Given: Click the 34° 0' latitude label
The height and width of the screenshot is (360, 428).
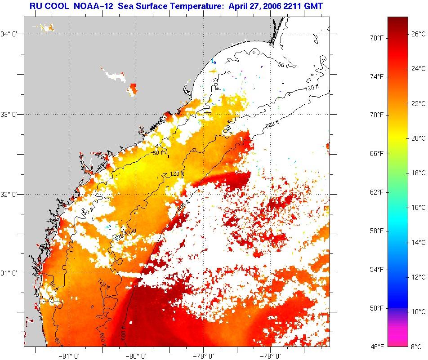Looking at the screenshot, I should tap(9, 34).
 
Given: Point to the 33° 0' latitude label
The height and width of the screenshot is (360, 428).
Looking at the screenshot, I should tap(9, 114).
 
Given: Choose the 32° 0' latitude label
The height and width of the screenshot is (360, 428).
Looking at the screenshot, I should tap(9, 194).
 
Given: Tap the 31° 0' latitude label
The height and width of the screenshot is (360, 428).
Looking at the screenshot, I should tap(9, 273).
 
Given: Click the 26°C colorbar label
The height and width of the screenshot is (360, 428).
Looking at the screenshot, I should tap(419, 34).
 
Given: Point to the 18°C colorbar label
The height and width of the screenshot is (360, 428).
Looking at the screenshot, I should tap(419, 173).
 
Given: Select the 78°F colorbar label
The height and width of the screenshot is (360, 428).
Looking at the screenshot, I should tap(376, 38).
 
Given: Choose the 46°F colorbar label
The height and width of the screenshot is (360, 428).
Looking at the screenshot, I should tap(376, 347).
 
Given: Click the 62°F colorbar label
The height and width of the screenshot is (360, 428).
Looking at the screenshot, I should tap(376, 192).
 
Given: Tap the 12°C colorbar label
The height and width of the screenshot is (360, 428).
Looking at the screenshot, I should tap(419, 277).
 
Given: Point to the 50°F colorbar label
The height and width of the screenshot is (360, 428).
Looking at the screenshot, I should tap(376, 308).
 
